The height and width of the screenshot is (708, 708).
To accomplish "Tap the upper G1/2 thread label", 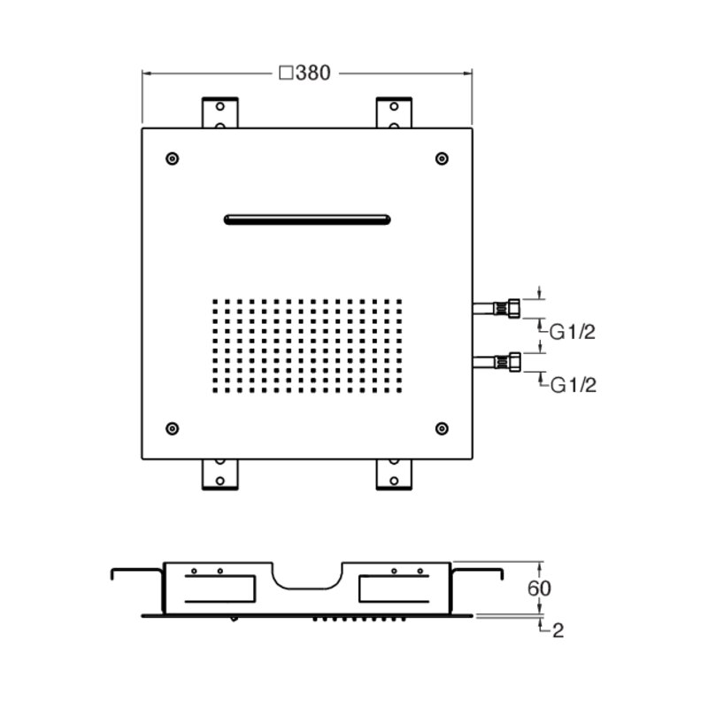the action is (572, 333).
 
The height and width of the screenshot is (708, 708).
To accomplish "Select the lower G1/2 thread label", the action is (573, 385).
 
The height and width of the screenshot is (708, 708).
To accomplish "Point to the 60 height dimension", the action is (539, 588).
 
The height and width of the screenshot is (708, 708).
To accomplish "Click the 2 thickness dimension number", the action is (558, 631).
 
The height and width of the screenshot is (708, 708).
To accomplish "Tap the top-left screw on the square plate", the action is (172, 158).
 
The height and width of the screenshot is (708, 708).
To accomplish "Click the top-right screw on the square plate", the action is (442, 158).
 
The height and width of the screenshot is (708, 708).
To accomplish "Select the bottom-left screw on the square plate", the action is (172, 428).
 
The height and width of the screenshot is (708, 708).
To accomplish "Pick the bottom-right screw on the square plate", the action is (442, 428).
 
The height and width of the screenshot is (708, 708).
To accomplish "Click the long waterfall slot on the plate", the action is (307, 219).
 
